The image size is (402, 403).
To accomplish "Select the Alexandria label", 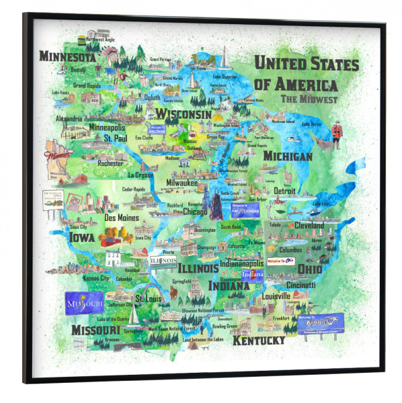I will tap(69, 119).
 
